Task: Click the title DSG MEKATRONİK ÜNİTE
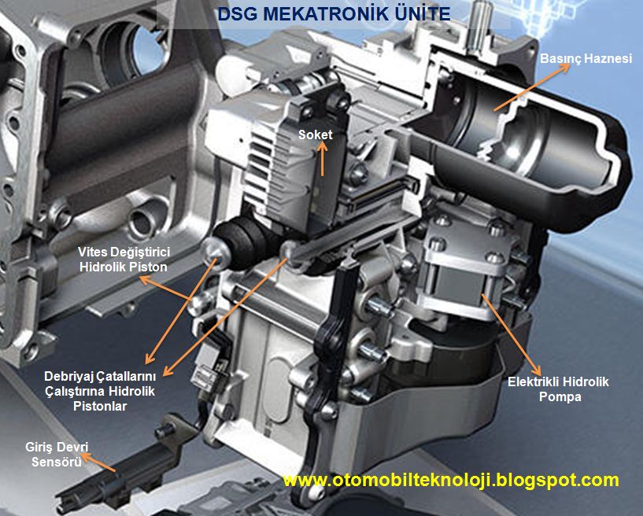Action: [x=334, y=13]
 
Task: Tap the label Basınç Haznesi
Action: [x=586, y=59]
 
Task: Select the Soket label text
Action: [x=315, y=135]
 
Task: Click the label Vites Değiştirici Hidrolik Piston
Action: [x=124, y=260]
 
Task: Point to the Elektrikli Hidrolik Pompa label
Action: [x=558, y=389]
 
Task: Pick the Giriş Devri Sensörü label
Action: [x=57, y=454]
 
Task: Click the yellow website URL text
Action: [x=451, y=480]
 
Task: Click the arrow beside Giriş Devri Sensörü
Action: [x=98, y=463]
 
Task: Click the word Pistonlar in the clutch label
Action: [x=100, y=406]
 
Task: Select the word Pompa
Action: [x=560, y=396]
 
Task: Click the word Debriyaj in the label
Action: [x=66, y=376]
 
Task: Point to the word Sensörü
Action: [x=57, y=462]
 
